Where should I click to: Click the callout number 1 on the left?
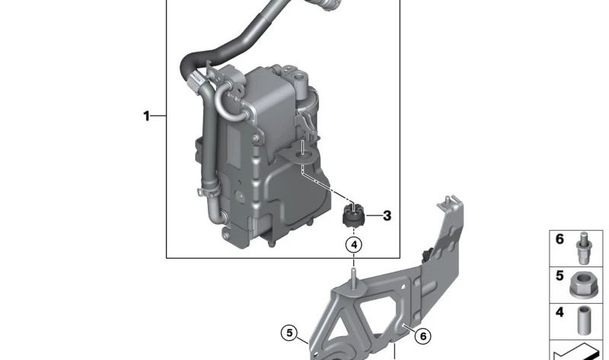pyautogui.click(x=146, y=116)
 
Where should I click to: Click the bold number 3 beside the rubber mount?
pyautogui.click(x=387, y=216)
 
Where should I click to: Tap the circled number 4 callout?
pyautogui.click(x=353, y=245)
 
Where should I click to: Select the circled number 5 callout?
pyautogui.click(x=288, y=333)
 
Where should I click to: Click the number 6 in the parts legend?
pyautogui.click(x=560, y=240)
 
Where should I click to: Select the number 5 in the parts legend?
pyautogui.click(x=560, y=276)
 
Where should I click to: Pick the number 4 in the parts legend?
pyautogui.click(x=560, y=312)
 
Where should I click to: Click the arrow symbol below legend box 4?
pyautogui.click(x=579, y=352)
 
